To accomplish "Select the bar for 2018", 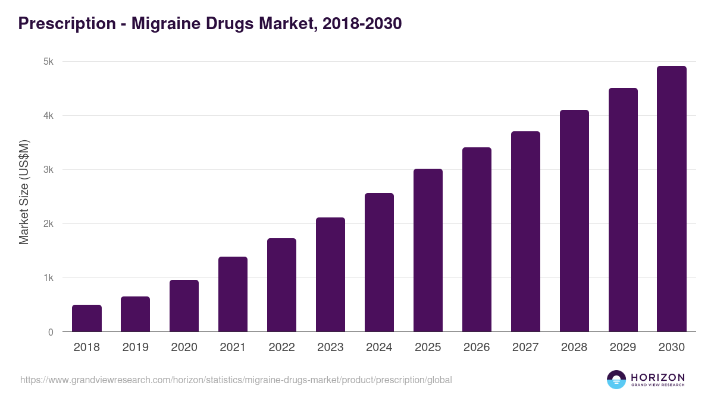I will (x=87, y=318).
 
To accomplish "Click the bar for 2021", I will (x=233, y=294).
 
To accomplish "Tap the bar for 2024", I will (x=379, y=263).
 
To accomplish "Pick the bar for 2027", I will (x=525, y=232).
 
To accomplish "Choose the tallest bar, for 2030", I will (x=672, y=199).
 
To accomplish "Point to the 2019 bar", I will (x=136, y=314).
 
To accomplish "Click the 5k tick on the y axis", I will (x=48, y=62).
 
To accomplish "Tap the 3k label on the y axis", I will (x=48, y=170).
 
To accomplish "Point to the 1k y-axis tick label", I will (x=48, y=278).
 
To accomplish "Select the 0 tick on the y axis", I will (x=51, y=333).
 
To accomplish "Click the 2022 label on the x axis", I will (x=281, y=348).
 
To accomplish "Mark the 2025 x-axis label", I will (x=428, y=348).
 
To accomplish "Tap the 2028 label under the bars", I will (x=574, y=348).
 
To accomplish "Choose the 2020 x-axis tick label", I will (x=184, y=348).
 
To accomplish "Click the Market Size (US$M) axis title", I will (x=24, y=192).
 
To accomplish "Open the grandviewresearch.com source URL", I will (x=236, y=380).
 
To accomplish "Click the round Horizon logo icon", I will (x=616, y=380).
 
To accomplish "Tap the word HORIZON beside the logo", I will (x=657, y=377).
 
